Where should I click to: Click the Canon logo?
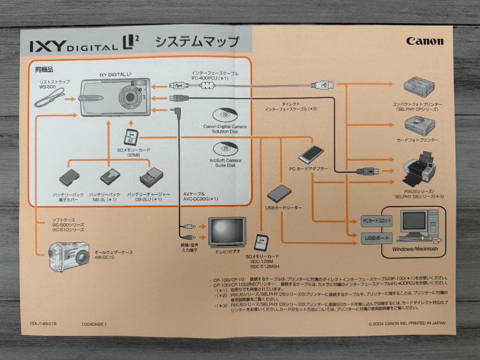tap(424, 41)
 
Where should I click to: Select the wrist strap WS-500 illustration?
tap(49, 99)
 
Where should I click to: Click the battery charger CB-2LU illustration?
tap(151, 178)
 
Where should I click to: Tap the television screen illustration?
tap(227, 231)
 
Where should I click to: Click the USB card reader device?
tap(279, 193)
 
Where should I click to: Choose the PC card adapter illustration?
tap(311, 155)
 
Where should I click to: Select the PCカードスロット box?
tap(376, 220)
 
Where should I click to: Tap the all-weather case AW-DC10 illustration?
tap(69, 256)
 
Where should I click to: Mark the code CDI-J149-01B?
tap(43, 324)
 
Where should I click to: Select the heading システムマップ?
tap(196, 42)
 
